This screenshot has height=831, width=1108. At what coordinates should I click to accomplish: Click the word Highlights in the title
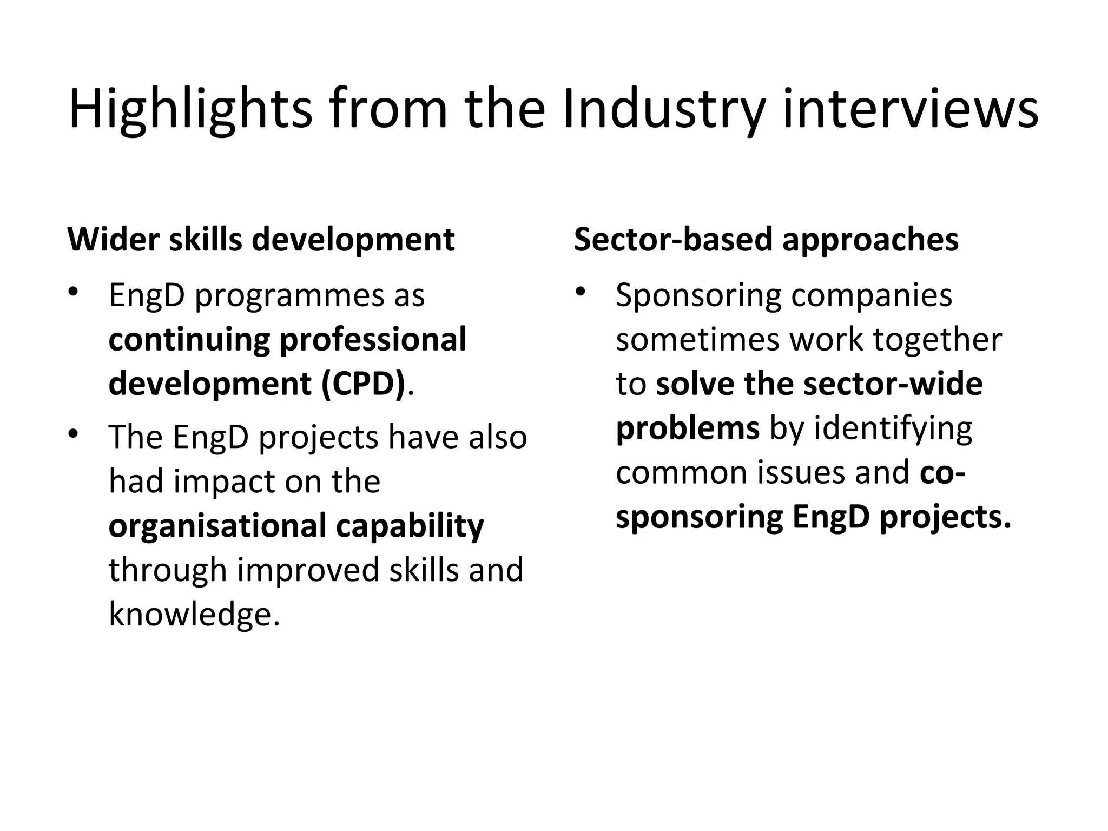(x=190, y=109)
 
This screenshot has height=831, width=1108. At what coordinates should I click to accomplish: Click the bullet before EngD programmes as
(x=73, y=293)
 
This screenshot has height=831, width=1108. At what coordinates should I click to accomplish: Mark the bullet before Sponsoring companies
(x=581, y=293)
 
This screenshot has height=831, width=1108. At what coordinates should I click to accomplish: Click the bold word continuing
(x=189, y=340)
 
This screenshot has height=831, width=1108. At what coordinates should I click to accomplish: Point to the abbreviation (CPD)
(x=362, y=384)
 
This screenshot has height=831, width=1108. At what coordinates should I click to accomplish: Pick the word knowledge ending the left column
(x=194, y=615)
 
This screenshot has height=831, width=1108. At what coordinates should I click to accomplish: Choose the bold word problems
(x=688, y=428)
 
